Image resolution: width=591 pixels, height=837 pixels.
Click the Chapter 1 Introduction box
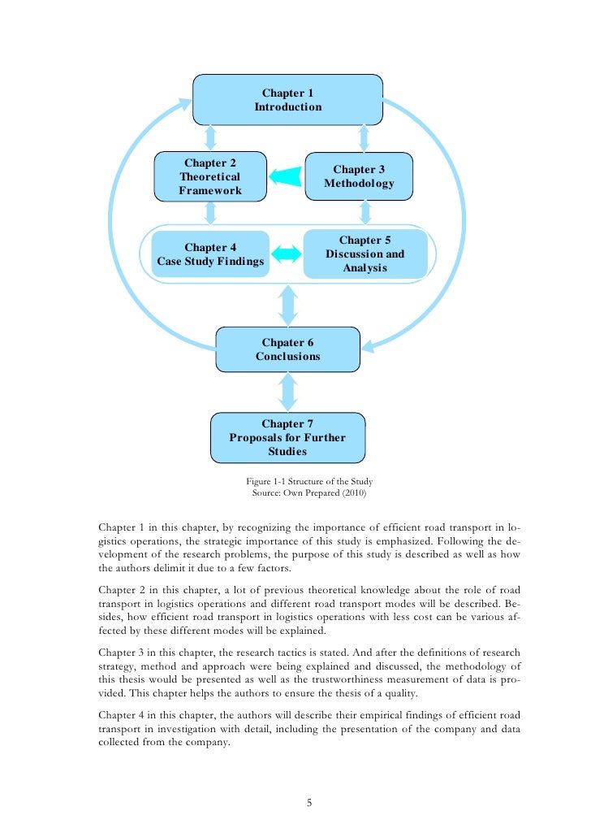(287, 100)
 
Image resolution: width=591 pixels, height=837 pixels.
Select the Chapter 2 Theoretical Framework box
(210, 176)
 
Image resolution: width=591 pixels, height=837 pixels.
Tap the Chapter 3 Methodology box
(359, 176)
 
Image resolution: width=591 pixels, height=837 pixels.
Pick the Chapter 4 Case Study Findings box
(210, 254)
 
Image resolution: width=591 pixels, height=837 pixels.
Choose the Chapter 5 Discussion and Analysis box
(365, 254)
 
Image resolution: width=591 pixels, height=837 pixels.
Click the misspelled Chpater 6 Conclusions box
(287, 349)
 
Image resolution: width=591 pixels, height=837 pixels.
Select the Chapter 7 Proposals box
(287, 437)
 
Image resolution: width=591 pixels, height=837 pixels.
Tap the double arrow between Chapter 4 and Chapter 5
(286, 254)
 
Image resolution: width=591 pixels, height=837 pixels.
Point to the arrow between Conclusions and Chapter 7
(287, 392)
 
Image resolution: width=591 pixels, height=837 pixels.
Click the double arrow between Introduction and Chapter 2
(210, 137)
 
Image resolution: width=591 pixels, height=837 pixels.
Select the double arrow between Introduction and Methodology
(365, 137)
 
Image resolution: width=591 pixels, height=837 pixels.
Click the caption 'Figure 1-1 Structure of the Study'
(309, 481)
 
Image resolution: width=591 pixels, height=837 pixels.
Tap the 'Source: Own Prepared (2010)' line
(309, 493)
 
